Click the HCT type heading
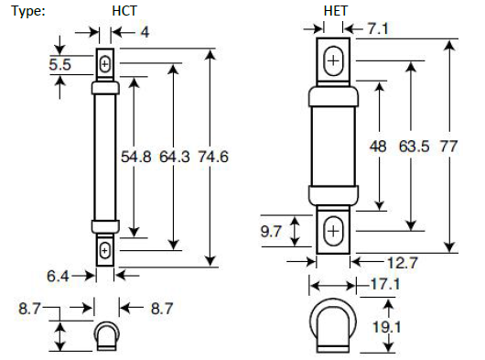pyautogui.click(x=124, y=11)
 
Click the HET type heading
pyautogui.click(x=336, y=11)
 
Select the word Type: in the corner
pyautogui.click(x=28, y=12)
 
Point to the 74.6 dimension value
pyautogui.click(x=213, y=157)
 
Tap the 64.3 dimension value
pyautogui.click(x=175, y=157)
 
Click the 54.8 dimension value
pyautogui.click(x=135, y=157)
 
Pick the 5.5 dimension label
pyautogui.click(x=59, y=65)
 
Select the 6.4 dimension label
pyautogui.click(x=58, y=276)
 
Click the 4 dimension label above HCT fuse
pyautogui.click(x=145, y=32)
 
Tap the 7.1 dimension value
pyautogui.click(x=378, y=28)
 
